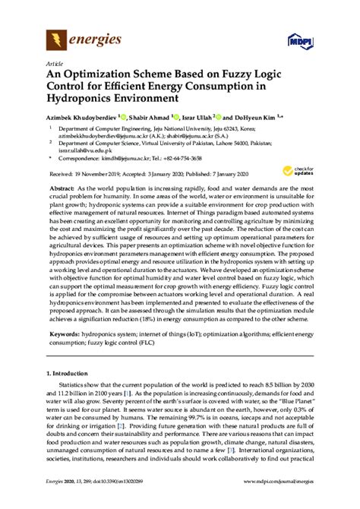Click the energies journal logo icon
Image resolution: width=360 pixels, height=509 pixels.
(x=56, y=37)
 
